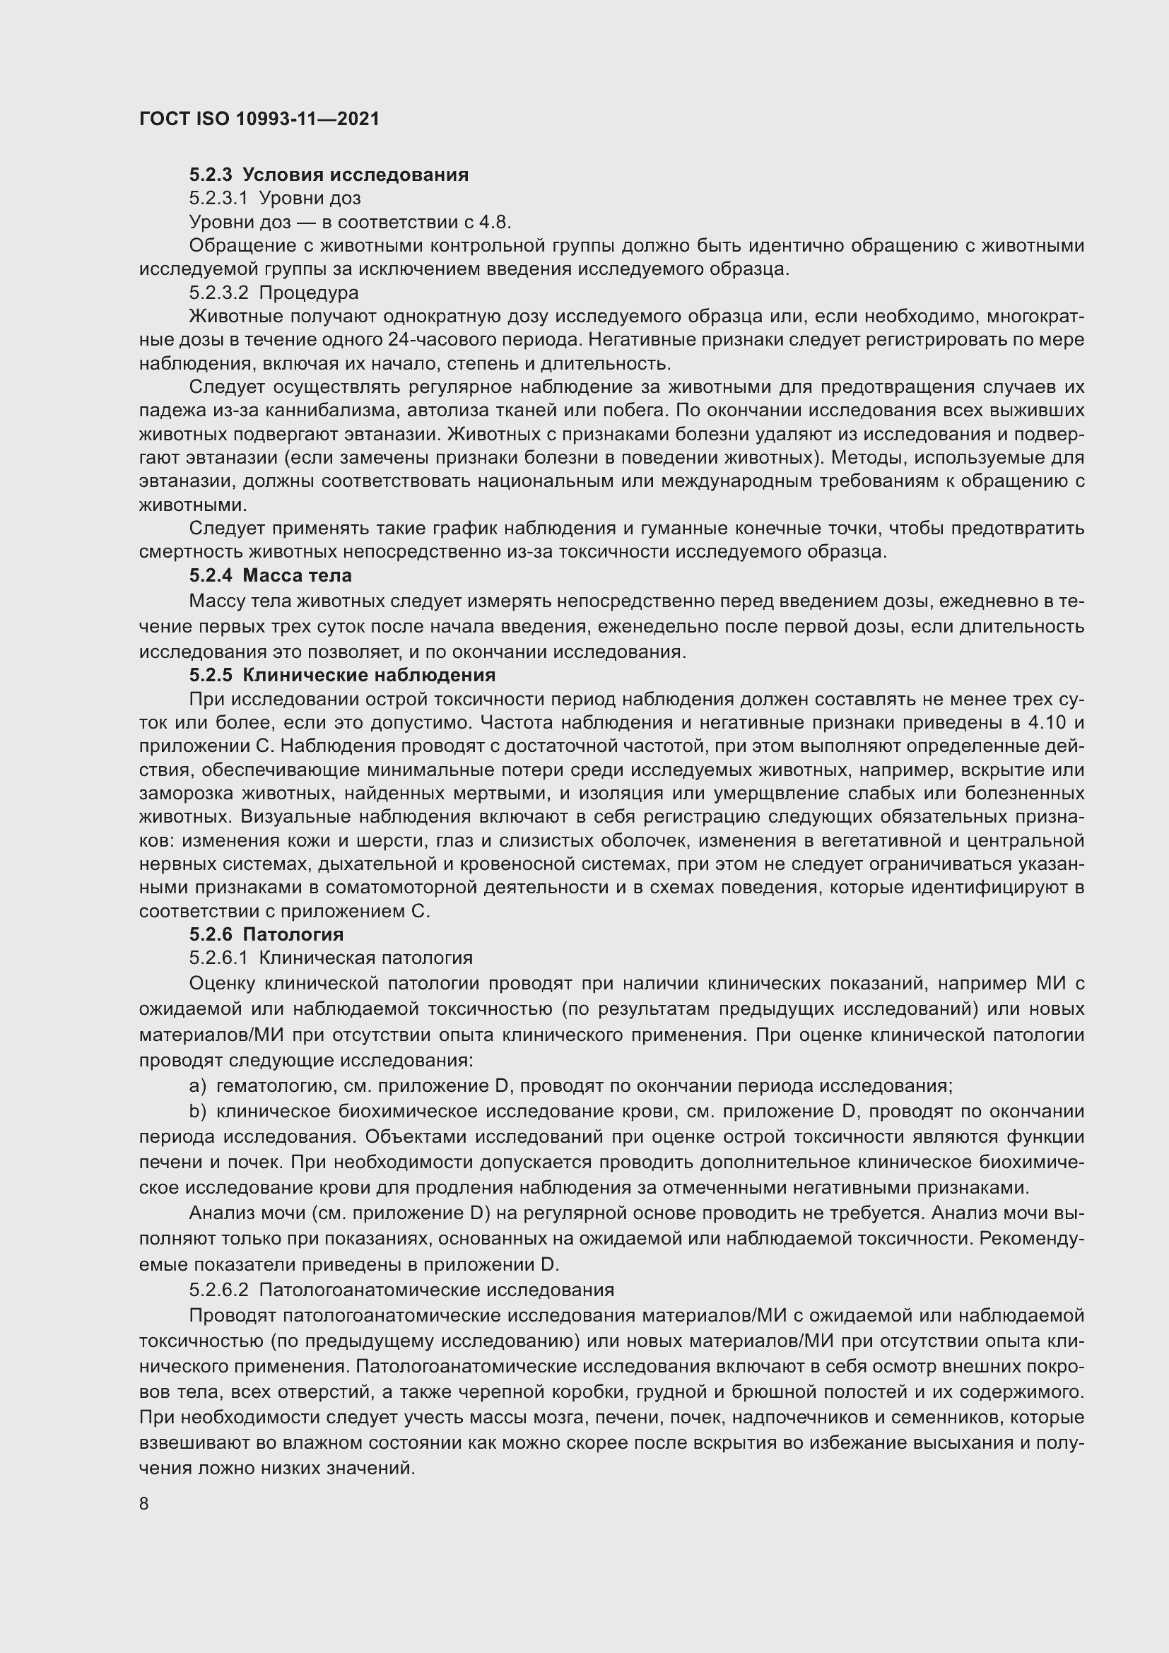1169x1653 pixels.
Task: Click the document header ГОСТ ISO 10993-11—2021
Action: click(x=259, y=119)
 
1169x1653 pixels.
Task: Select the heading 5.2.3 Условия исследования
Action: click(x=328, y=175)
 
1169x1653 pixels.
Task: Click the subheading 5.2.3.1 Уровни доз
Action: click(x=275, y=198)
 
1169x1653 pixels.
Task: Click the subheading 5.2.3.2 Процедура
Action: click(x=274, y=293)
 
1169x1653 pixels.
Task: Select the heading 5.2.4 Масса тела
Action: click(x=270, y=576)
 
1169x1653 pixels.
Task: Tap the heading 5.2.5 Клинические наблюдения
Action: click(x=342, y=676)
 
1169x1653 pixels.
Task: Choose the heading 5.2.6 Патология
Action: click(x=266, y=934)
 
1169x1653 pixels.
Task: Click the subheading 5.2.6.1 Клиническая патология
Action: click(x=330, y=958)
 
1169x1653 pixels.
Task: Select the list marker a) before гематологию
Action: click(x=197, y=1086)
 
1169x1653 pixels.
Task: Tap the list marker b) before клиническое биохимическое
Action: click(x=197, y=1112)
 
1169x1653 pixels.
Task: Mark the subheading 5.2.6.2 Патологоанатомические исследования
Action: click(x=401, y=1290)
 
